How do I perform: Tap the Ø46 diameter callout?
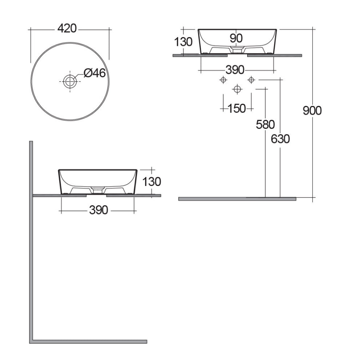tap(94, 73)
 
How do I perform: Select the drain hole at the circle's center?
tap(70, 82)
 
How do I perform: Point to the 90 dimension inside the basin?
tap(237, 37)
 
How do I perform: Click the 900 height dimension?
tap(312, 110)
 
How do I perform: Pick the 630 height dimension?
tap(280, 139)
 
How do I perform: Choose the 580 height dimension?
tap(265, 124)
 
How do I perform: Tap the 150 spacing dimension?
tap(237, 108)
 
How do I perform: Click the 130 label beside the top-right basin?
tap(183, 42)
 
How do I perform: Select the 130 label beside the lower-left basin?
tap(151, 181)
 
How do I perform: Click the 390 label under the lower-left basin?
tap(98, 210)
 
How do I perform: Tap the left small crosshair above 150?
tap(223, 80)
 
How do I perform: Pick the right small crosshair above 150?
tap(251, 80)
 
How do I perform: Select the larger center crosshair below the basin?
tap(237, 88)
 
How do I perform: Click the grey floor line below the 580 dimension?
tap(237, 199)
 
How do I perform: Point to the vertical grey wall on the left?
tap(31, 240)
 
